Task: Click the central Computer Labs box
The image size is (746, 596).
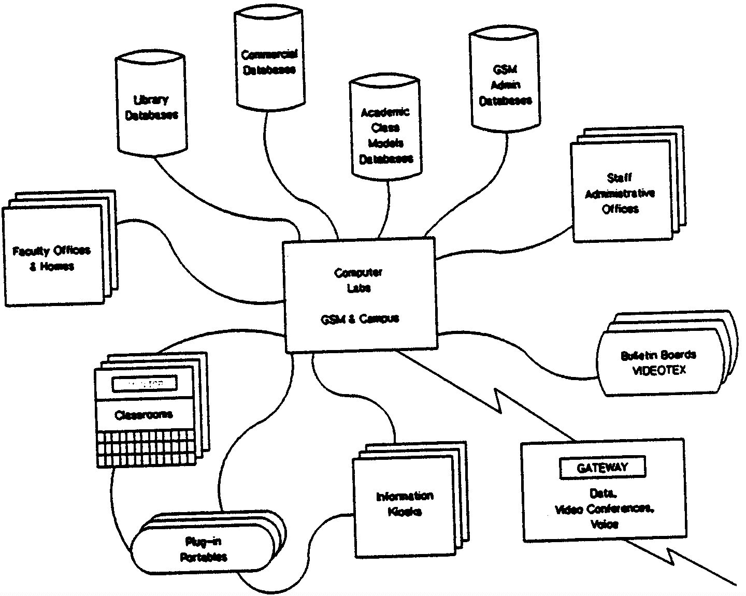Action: pyautogui.click(x=360, y=295)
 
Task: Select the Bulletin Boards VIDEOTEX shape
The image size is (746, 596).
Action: pyautogui.click(x=658, y=362)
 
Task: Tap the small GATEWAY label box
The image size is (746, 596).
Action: pyautogui.click(x=602, y=468)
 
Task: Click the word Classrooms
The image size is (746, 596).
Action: pyautogui.click(x=144, y=415)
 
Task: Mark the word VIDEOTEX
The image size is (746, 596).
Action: pyautogui.click(x=659, y=371)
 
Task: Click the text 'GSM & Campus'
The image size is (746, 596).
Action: pyautogui.click(x=360, y=318)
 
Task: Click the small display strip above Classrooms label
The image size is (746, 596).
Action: pyautogui.click(x=145, y=384)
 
